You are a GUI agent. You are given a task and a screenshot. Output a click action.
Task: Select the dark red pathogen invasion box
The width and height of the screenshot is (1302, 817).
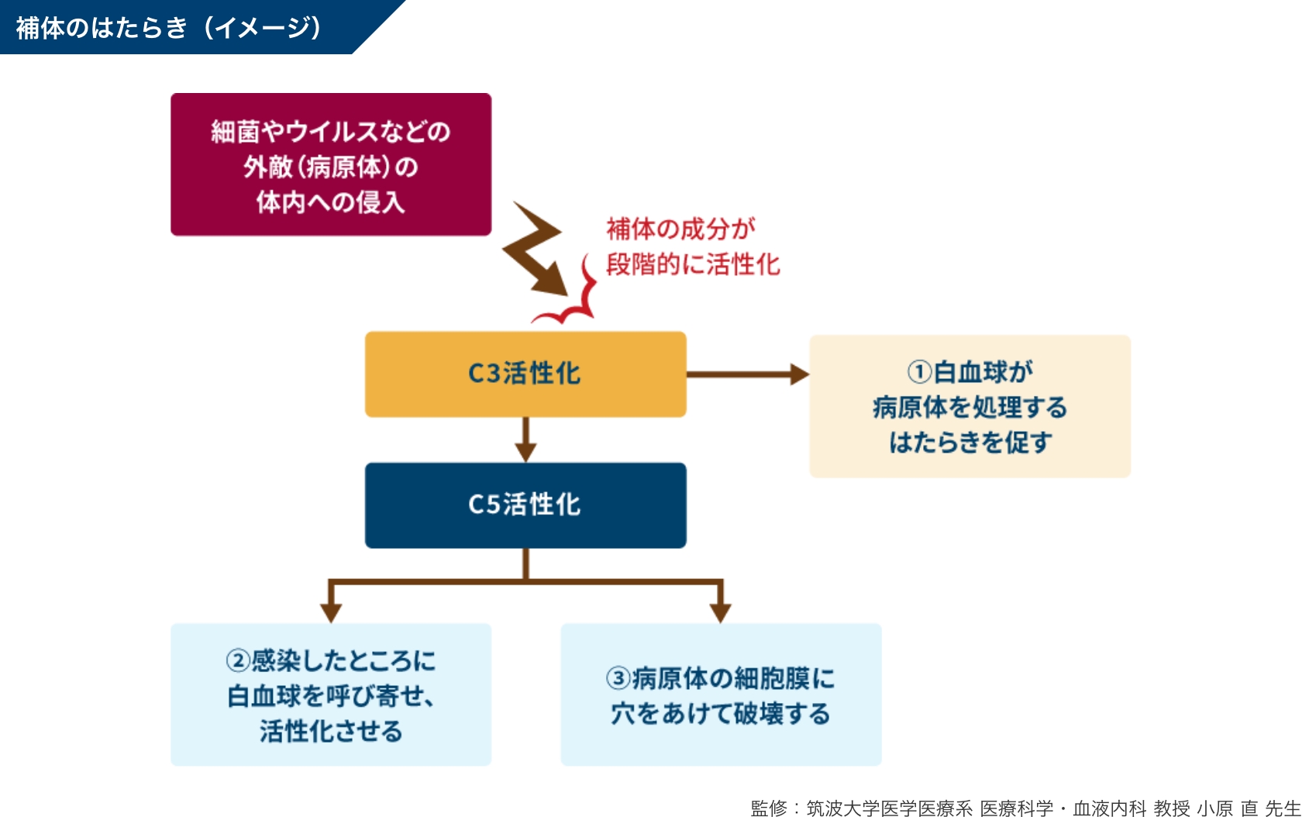pyautogui.click(x=331, y=164)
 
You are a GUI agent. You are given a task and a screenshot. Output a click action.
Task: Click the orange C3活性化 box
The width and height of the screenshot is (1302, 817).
pyautogui.click(x=525, y=374)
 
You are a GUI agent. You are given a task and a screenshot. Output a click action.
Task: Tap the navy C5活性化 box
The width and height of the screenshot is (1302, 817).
pyautogui.click(x=525, y=505)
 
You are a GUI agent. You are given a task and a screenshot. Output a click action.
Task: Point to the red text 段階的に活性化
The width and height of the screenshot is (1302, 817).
pyautogui.click(x=692, y=264)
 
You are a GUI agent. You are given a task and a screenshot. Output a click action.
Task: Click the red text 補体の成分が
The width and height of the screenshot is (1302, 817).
pyautogui.click(x=680, y=229)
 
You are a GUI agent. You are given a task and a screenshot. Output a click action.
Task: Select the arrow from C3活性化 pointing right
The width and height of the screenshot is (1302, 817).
pyautogui.click(x=747, y=374)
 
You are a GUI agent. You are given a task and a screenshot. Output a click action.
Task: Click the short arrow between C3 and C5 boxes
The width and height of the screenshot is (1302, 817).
pyautogui.click(x=525, y=440)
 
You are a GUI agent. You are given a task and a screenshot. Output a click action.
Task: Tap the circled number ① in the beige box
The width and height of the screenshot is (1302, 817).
pyautogui.click(x=919, y=372)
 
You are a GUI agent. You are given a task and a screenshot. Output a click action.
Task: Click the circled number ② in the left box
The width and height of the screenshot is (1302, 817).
pyautogui.click(x=238, y=661)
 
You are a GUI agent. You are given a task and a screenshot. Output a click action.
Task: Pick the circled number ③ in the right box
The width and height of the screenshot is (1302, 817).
pyautogui.click(x=618, y=679)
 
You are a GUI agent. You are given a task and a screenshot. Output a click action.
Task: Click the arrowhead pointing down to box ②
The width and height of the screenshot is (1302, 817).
pyautogui.click(x=331, y=612)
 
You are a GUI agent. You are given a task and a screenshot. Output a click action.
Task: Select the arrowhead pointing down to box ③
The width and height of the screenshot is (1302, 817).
pyautogui.click(x=721, y=612)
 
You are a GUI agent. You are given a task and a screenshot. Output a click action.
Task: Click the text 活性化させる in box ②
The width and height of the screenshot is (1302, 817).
pyautogui.click(x=331, y=731)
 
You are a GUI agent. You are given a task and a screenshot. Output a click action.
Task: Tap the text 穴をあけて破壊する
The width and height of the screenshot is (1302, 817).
pyautogui.click(x=721, y=714)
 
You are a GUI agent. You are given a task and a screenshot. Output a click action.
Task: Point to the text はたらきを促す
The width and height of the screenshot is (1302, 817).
pyautogui.click(x=970, y=443)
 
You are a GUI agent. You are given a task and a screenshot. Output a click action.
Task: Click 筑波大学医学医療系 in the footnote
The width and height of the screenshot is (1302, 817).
pyautogui.click(x=889, y=808)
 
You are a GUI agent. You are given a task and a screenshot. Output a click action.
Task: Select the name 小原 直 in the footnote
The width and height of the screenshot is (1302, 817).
pyautogui.click(x=1228, y=808)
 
